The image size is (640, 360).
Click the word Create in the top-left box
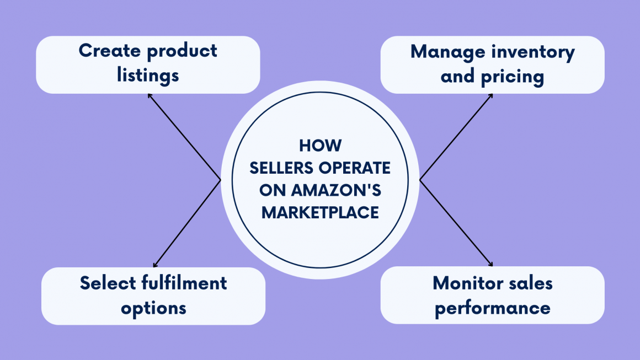(110, 51)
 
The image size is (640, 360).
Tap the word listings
(148, 75)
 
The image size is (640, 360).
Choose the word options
(153, 308)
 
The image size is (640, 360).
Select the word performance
(492, 307)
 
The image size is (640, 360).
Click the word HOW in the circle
(320, 146)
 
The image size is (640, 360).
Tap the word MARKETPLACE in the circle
(320, 213)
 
